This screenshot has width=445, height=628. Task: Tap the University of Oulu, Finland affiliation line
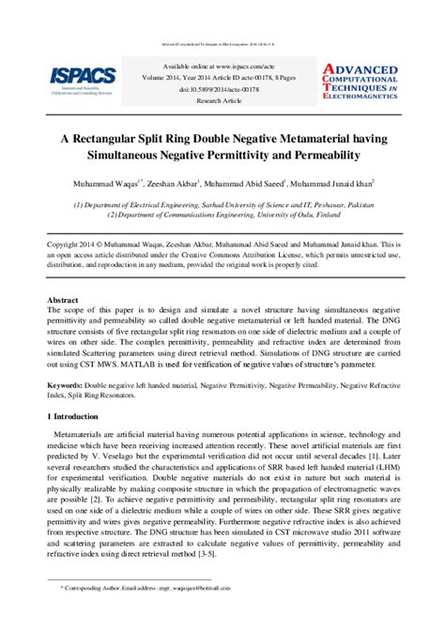(x=222, y=215)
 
